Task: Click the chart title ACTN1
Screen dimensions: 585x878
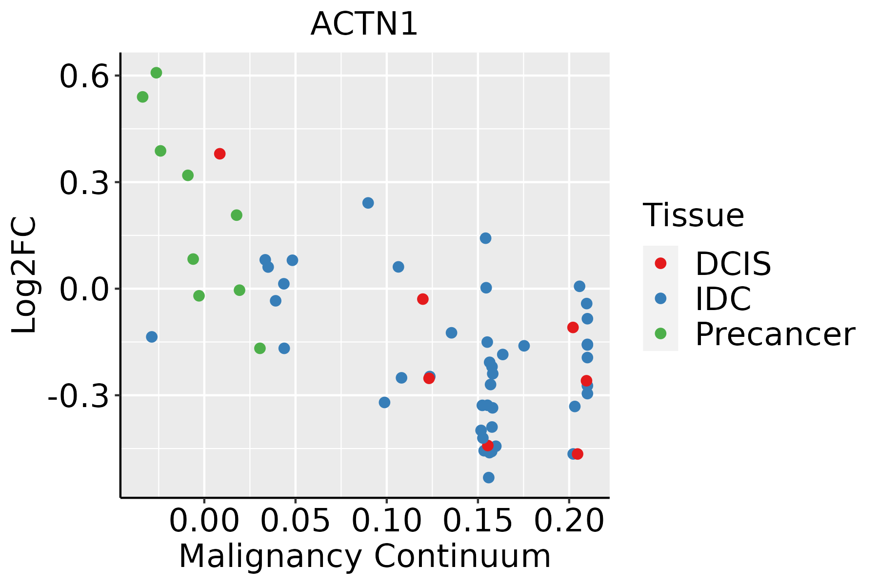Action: [x=364, y=24]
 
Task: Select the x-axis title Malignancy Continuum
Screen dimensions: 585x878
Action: [x=364, y=557]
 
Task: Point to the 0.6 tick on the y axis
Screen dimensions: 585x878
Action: [x=83, y=77]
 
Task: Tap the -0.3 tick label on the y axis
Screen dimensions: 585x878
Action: [x=78, y=396]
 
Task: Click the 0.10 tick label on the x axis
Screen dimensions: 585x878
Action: [x=386, y=520]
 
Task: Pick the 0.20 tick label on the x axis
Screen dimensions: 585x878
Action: [x=569, y=520]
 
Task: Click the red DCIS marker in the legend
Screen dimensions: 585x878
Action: [x=660, y=263]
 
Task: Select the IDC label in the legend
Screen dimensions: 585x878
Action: [x=723, y=299]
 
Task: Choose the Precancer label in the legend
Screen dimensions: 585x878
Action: [x=775, y=334]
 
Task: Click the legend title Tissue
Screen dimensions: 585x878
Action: [x=694, y=215]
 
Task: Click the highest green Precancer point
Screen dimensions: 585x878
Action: [x=156, y=73]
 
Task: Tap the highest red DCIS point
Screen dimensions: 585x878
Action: [x=219, y=154]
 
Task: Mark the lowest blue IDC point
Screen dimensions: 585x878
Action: [x=488, y=478]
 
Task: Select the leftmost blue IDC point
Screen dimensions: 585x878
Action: [x=152, y=337]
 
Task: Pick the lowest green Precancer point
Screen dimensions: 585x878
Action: [x=260, y=349]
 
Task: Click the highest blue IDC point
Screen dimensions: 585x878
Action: [x=368, y=203]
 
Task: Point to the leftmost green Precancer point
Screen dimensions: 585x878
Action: [x=142, y=97]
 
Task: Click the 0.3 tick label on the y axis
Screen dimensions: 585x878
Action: [x=83, y=184]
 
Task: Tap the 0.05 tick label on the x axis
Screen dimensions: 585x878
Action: [x=295, y=520]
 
